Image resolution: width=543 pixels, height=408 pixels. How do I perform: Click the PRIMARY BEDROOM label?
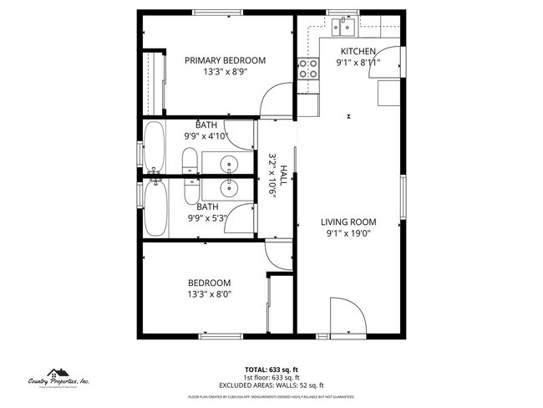tap(225, 60)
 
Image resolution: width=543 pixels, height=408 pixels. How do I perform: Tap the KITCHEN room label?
tap(358, 51)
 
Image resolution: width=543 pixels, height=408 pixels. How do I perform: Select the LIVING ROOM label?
tap(348, 222)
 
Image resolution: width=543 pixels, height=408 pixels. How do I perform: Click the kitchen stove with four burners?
tap(307, 69)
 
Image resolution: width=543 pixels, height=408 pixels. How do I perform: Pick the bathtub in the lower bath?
tap(155, 207)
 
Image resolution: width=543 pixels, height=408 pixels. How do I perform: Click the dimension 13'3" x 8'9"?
tap(225, 72)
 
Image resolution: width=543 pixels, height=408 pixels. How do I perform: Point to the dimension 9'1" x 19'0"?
tap(348, 234)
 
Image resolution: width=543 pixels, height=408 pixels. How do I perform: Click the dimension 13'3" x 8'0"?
tap(209, 293)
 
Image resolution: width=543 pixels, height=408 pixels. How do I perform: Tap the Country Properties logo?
tap(58, 380)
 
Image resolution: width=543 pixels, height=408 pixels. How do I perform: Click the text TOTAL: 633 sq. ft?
tap(271, 370)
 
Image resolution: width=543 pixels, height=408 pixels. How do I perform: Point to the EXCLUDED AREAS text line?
tap(271, 385)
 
